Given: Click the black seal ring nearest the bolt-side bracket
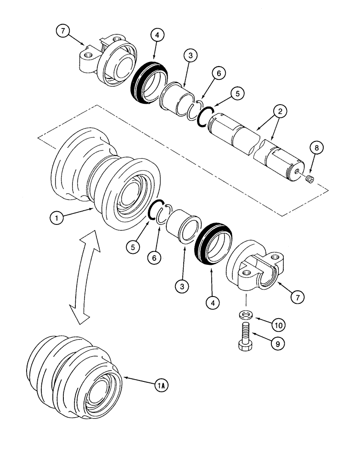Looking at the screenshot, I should coord(214,245).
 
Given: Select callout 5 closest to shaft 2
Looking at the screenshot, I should coord(237,93).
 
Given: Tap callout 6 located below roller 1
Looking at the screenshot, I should coord(154,258).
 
